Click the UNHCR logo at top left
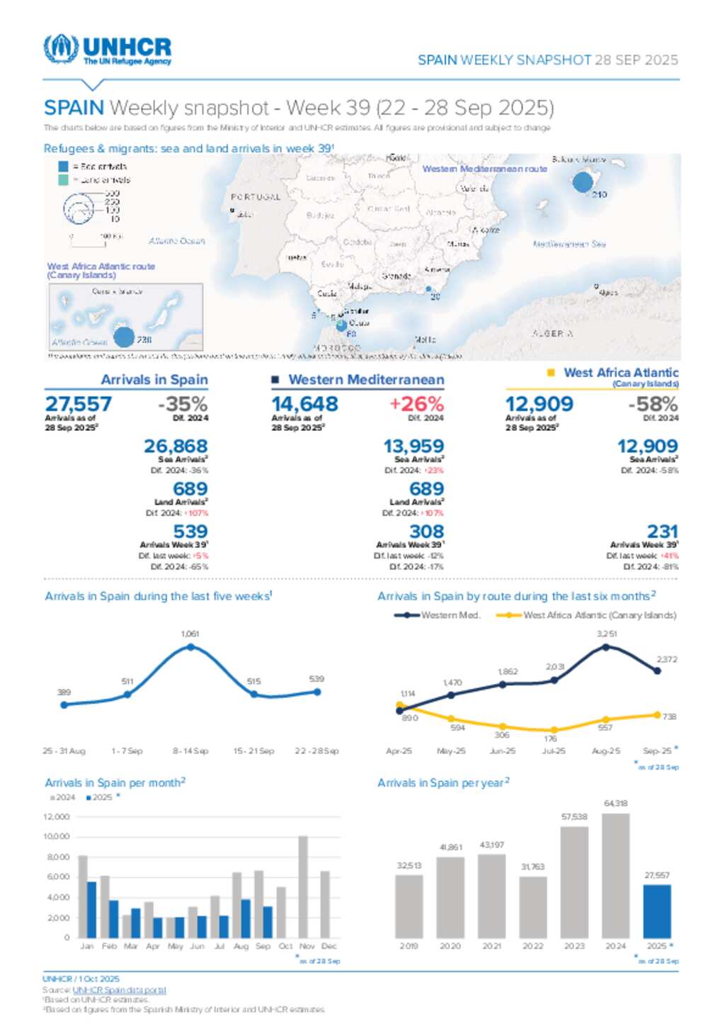(108, 50)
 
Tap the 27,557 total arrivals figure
(79, 404)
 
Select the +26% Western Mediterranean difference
(416, 404)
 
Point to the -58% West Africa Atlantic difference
(653, 404)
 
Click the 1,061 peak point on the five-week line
(190, 647)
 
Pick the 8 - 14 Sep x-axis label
(190, 751)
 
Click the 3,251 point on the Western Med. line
(606, 646)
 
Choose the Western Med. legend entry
(437, 615)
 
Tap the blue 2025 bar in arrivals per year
(657, 911)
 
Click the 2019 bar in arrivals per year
(409, 906)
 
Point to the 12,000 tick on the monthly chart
(57, 817)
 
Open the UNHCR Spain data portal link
(119, 990)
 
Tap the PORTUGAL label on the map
(256, 197)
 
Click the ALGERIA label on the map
(552, 333)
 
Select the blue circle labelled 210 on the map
(582, 182)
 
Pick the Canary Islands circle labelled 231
(124, 337)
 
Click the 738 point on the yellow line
(657, 715)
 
